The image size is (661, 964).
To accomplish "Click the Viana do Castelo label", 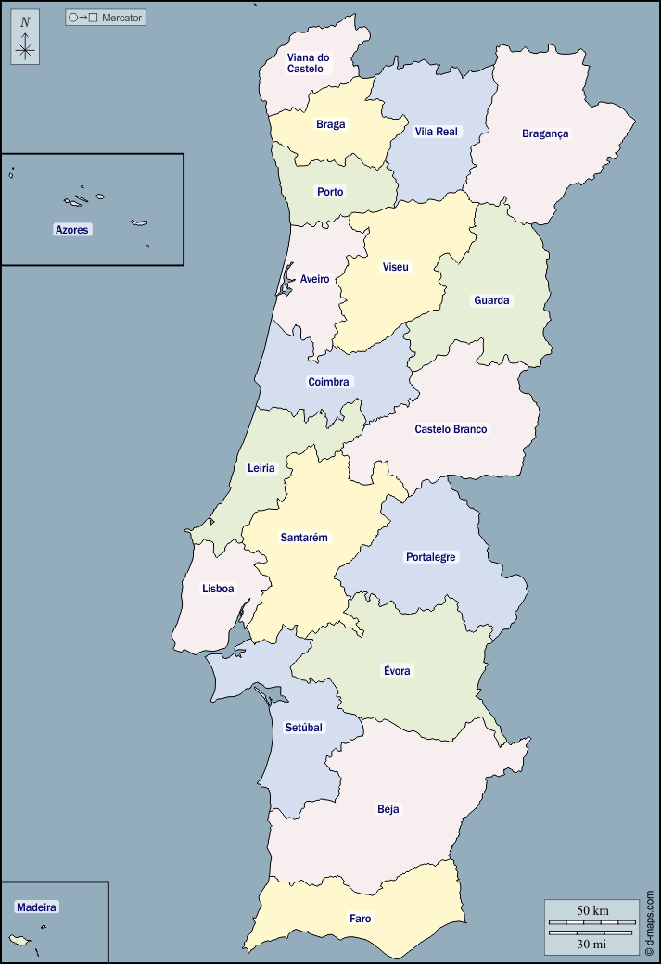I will click(308, 63).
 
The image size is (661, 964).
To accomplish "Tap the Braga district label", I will click(330, 124).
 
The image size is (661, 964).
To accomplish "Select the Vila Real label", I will click(436, 132).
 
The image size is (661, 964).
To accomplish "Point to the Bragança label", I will click(545, 133).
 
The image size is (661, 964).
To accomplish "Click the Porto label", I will click(330, 192).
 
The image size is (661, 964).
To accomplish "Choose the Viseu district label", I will click(395, 267).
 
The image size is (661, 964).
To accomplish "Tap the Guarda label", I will click(491, 300).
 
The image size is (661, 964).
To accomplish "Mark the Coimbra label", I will click(328, 382).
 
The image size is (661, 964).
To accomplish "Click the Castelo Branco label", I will click(451, 429).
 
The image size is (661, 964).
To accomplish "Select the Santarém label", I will click(304, 538).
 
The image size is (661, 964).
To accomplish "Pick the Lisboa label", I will click(218, 589).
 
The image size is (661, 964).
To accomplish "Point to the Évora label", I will click(397, 670).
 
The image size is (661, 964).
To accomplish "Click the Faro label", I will click(361, 919).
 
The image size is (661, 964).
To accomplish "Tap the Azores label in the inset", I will click(73, 229).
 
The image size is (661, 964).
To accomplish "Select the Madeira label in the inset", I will click(37, 907).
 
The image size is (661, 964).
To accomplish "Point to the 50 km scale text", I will click(592, 910).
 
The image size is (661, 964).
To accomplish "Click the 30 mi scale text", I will click(592, 944).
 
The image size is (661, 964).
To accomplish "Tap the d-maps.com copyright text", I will click(650, 922).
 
